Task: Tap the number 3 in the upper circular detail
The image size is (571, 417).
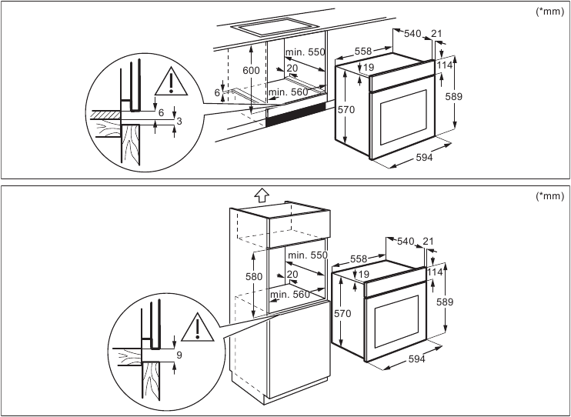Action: tap(179, 122)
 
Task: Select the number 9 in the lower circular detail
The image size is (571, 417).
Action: tap(179, 355)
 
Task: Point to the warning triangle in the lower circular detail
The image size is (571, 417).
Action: tap(198, 328)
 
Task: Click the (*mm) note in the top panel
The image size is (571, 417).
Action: tap(549, 12)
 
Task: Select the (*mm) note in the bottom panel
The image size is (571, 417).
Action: tap(549, 195)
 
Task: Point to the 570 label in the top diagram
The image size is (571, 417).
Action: tap(346, 110)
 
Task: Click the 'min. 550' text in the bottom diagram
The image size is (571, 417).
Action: tap(308, 255)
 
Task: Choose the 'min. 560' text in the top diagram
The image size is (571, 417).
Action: tap(289, 93)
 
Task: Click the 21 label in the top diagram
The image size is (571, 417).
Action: tap(437, 33)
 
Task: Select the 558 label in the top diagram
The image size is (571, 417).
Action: tap(363, 51)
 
